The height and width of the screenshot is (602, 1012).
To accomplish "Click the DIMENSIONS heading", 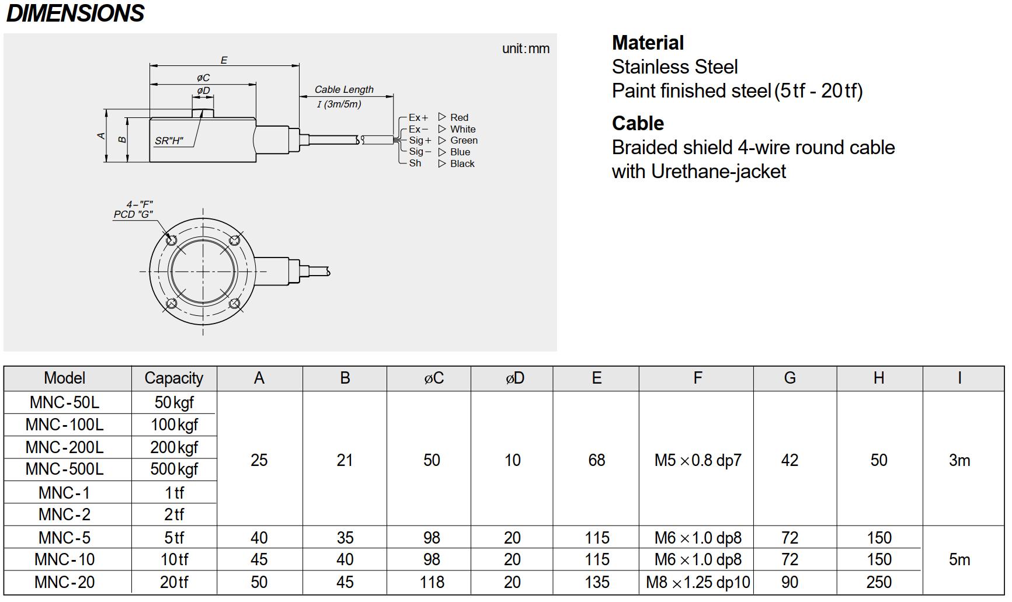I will point(75,13).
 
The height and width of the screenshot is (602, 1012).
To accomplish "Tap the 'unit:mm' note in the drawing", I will point(526,48).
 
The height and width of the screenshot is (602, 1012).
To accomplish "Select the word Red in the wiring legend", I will point(459,117).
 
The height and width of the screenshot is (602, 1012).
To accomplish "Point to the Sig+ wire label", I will point(420,140).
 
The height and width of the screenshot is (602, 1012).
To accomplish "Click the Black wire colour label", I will point(462,163).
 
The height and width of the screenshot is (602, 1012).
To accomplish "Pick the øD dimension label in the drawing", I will point(203,91).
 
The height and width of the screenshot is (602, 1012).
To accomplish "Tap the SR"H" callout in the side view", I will point(169,141).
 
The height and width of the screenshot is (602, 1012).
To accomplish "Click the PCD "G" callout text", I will point(133,214).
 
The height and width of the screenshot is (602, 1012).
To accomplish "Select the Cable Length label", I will point(344,89).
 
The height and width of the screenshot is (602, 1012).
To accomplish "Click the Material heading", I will point(648,43).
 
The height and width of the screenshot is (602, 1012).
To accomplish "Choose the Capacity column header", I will point(173,378).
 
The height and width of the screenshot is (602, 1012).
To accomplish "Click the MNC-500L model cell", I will point(64,469).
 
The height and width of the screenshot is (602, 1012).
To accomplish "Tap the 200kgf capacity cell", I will point(173,447).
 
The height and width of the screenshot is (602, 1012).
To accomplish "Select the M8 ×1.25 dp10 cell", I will point(697,582).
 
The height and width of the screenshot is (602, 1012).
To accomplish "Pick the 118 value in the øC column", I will point(432,582).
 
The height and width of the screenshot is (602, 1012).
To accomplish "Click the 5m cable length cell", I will point(959,559).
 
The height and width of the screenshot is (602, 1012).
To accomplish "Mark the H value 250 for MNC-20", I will point(879,582).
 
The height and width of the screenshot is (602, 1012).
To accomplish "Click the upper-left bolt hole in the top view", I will point(172,240).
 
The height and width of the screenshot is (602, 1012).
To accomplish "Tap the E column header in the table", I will point(596,378).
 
